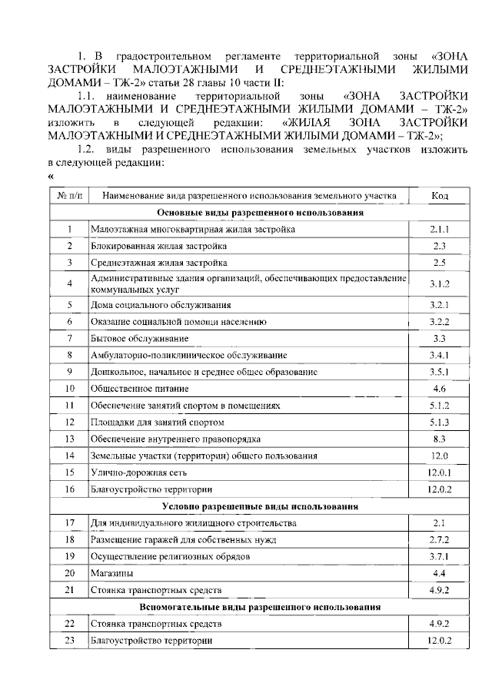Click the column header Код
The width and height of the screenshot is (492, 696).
[x=440, y=196]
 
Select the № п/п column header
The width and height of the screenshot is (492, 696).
[x=70, y=196]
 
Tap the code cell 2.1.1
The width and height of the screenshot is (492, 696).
[x=440, y=229]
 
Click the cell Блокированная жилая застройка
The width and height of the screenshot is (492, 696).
[x=158, y=246]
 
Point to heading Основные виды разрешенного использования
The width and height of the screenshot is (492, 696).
[x=260, y=212]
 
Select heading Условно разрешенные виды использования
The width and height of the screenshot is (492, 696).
[x=260, y=506]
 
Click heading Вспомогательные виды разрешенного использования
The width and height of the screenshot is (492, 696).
[x=260, y=607]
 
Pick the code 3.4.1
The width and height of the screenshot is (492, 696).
[x=440, y=355]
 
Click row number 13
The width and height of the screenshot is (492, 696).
[x=70, y=439]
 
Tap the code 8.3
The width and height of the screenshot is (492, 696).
[x=440, y=439]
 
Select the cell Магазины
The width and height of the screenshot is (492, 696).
[x=112, y=573]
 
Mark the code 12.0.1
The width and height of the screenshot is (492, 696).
[x=440, y=472]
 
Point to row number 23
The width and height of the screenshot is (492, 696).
[x=70, y=641]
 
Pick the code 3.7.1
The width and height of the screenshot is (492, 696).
[x=440, y=556]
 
